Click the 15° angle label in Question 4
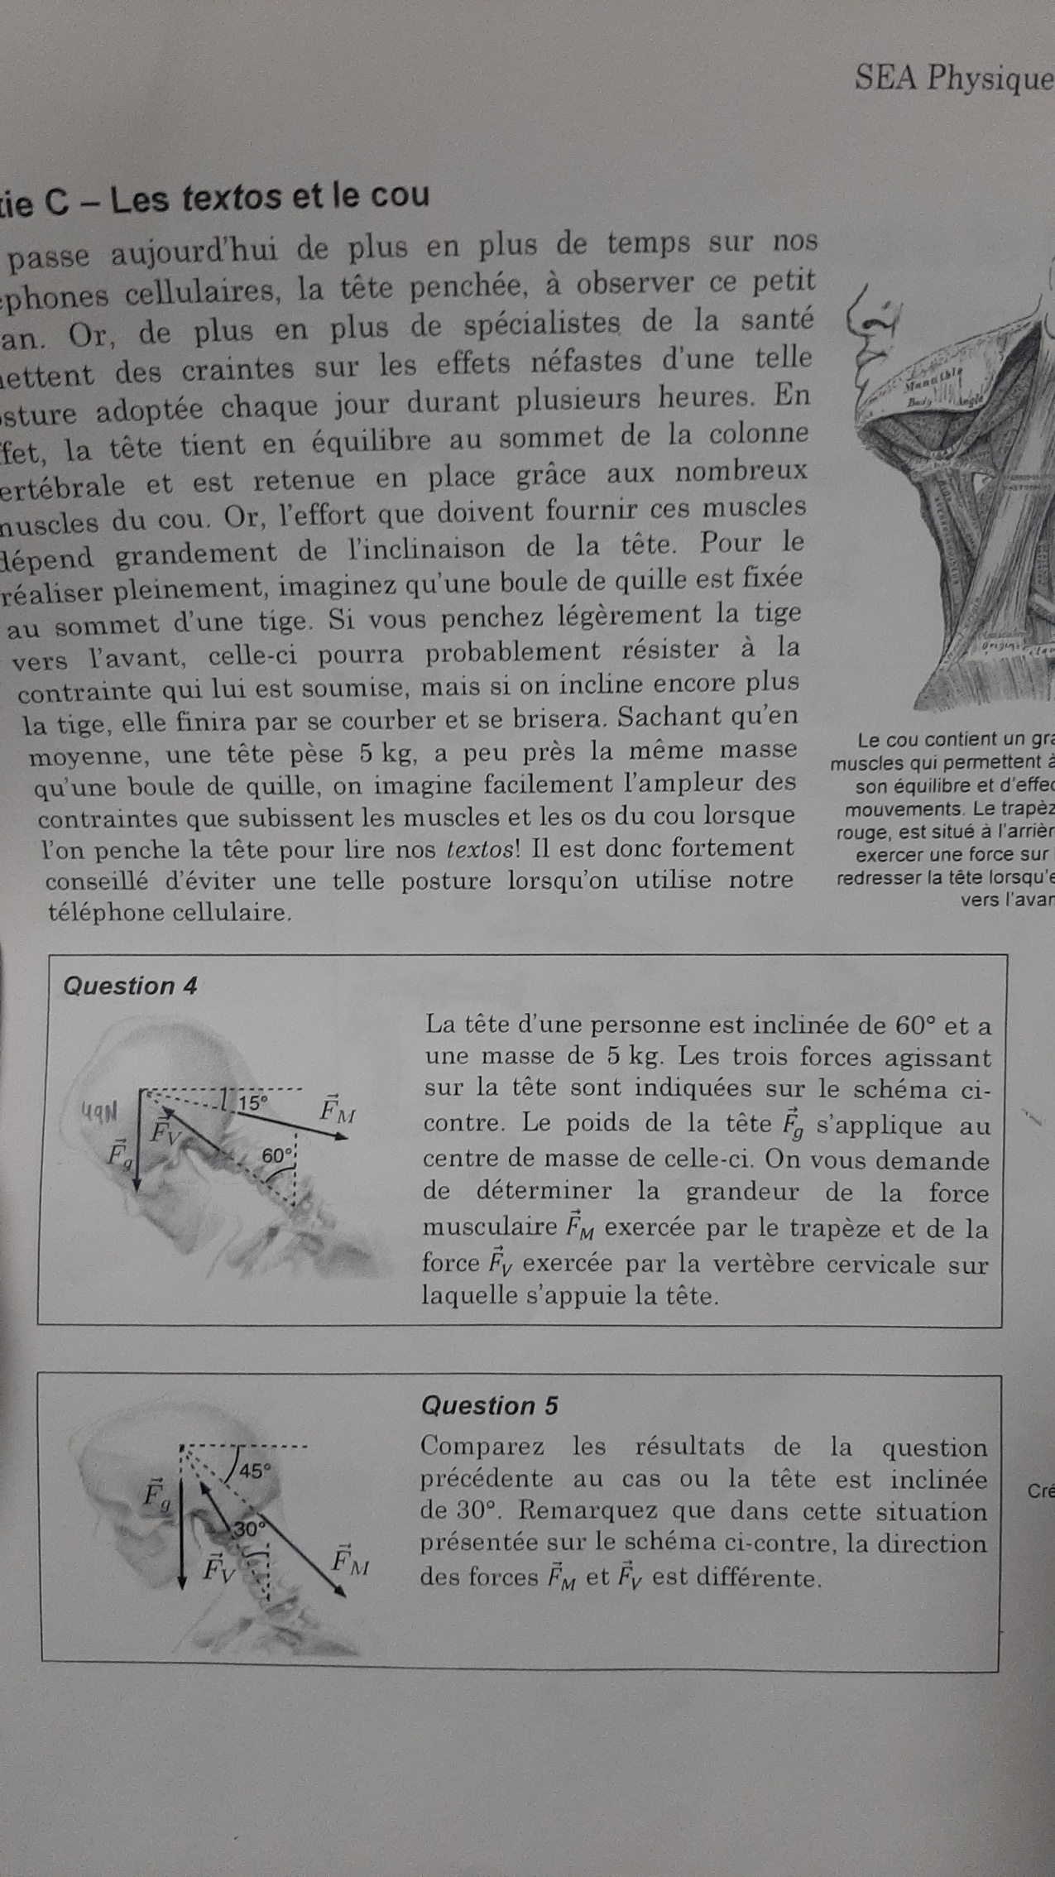(x=253, y=1102)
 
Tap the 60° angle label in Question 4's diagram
(x=277, y=1155)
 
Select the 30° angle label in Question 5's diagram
(x=247, y=1529)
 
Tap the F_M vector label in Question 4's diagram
(x=338, y=1110)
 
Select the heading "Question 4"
(x=130, y=986)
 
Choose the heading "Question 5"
(x=489, y=1405)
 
